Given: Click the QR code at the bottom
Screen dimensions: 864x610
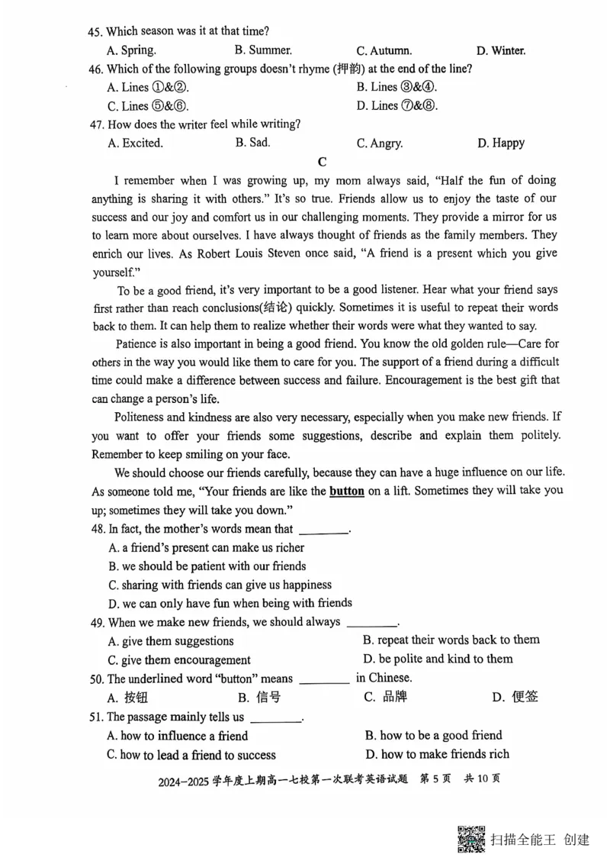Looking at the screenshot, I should click(x=472, y=840).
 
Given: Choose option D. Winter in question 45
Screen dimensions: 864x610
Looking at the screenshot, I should click(x=501, y=51).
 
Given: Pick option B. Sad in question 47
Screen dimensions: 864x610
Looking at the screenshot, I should click(x=253, y=142).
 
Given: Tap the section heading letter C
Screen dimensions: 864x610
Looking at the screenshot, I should click(x=322, y=162).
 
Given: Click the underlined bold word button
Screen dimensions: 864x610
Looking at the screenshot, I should click(x=346, y=491).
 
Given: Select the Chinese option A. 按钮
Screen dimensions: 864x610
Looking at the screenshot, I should click(x=128, y=696).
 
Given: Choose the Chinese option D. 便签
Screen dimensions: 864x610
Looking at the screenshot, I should click(x=515, y=696).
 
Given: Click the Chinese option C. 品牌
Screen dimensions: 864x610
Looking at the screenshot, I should click(x=387, y=696).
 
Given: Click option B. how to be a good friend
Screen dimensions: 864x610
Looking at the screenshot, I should click(x=433, y=735).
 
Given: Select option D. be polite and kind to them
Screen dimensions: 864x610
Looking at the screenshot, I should click(x=438, y=659).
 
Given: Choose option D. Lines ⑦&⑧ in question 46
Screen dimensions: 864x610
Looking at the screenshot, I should click(x=396, y=106).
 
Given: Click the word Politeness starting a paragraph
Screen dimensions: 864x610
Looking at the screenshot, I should click(x=143, y=417).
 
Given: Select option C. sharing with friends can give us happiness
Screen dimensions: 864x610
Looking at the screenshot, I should click(x=220, y=585).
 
